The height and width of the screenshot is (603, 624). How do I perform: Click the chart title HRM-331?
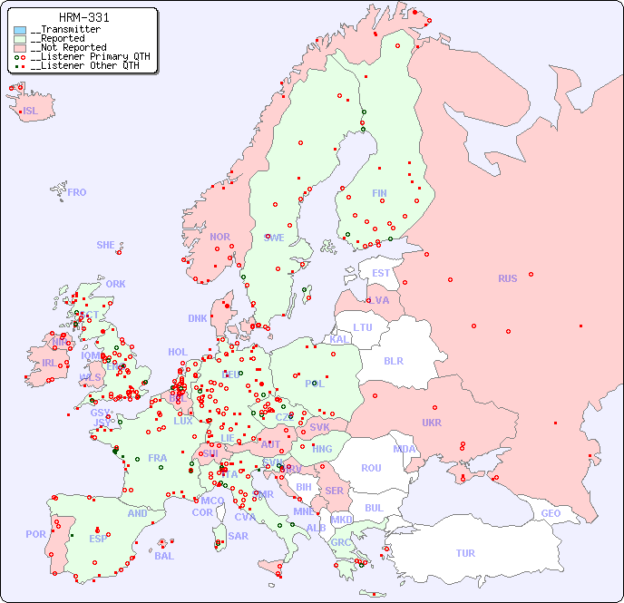tap(84, 17)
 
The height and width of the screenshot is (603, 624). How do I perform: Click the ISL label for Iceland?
tap(31, 112)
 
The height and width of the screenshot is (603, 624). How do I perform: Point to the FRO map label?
tap(77, 192)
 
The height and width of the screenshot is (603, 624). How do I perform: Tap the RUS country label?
tap(507, 278)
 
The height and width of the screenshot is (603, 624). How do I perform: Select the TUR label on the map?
tap(465, 553)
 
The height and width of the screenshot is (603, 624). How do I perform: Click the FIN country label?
tap(379, 193)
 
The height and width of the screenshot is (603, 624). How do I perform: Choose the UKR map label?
tap(432, 423)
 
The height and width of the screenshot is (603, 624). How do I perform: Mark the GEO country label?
tap(551, 513)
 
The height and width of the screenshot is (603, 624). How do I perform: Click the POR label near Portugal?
tap(35, 534)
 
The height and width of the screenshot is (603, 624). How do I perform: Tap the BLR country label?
tap(393, 360)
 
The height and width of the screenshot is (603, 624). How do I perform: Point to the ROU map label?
tap(371, 468)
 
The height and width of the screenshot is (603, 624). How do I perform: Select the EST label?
tap(381, 273)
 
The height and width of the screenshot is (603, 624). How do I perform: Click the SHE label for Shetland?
tap(106, 245)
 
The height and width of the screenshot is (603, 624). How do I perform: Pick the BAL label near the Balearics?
tap(163, 556)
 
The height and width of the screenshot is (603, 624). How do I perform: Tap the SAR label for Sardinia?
tap(239, 536)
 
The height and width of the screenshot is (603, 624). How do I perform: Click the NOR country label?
tap(219, 237)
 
